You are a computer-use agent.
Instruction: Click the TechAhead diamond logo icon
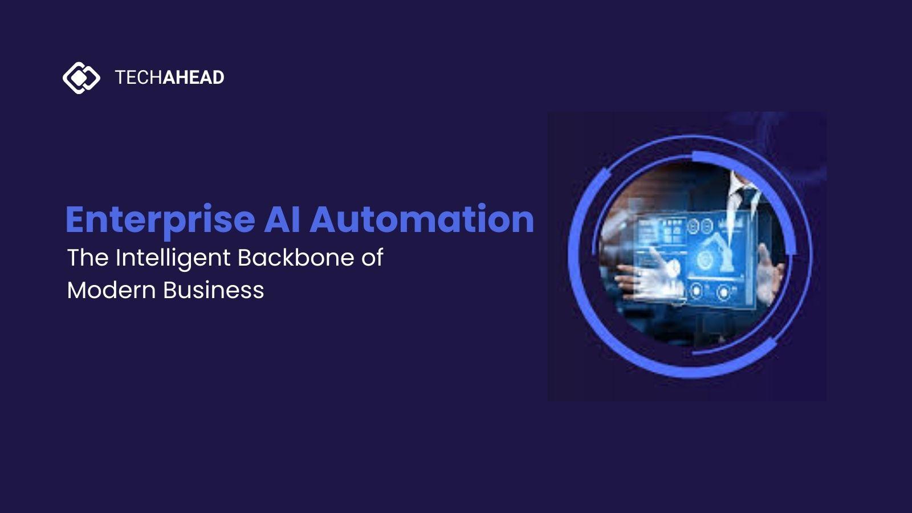(x=82, y=78)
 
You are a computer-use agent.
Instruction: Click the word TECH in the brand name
(x=139, y=78)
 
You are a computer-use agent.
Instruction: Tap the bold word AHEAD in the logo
(x=193, y=78)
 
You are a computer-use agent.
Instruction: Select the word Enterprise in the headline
(x=160, y=221)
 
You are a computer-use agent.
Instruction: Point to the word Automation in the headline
(x=422, y=219)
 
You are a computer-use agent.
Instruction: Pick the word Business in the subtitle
(x=214, y=290)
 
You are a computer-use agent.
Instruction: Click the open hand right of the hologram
(x=769, y=273)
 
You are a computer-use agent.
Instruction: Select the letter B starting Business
(x=170, y=290)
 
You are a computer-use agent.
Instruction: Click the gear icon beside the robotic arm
(x=704, y=259)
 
